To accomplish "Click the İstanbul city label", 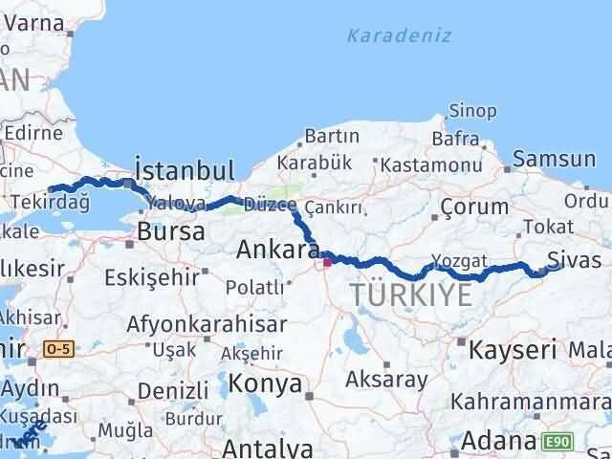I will tap(185, 170).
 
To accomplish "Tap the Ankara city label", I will tap(277, 251).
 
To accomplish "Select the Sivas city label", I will tap(574, 260).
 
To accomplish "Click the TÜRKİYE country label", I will tap(411, 295).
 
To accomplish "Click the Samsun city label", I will tap(555, 159).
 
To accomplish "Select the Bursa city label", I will tap(170, 231).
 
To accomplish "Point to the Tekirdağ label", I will tap(50, 202).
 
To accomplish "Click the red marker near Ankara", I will tap(327, 260).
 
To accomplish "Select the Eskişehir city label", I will tap(157, 278).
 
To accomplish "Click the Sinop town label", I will tap(472, 113).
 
